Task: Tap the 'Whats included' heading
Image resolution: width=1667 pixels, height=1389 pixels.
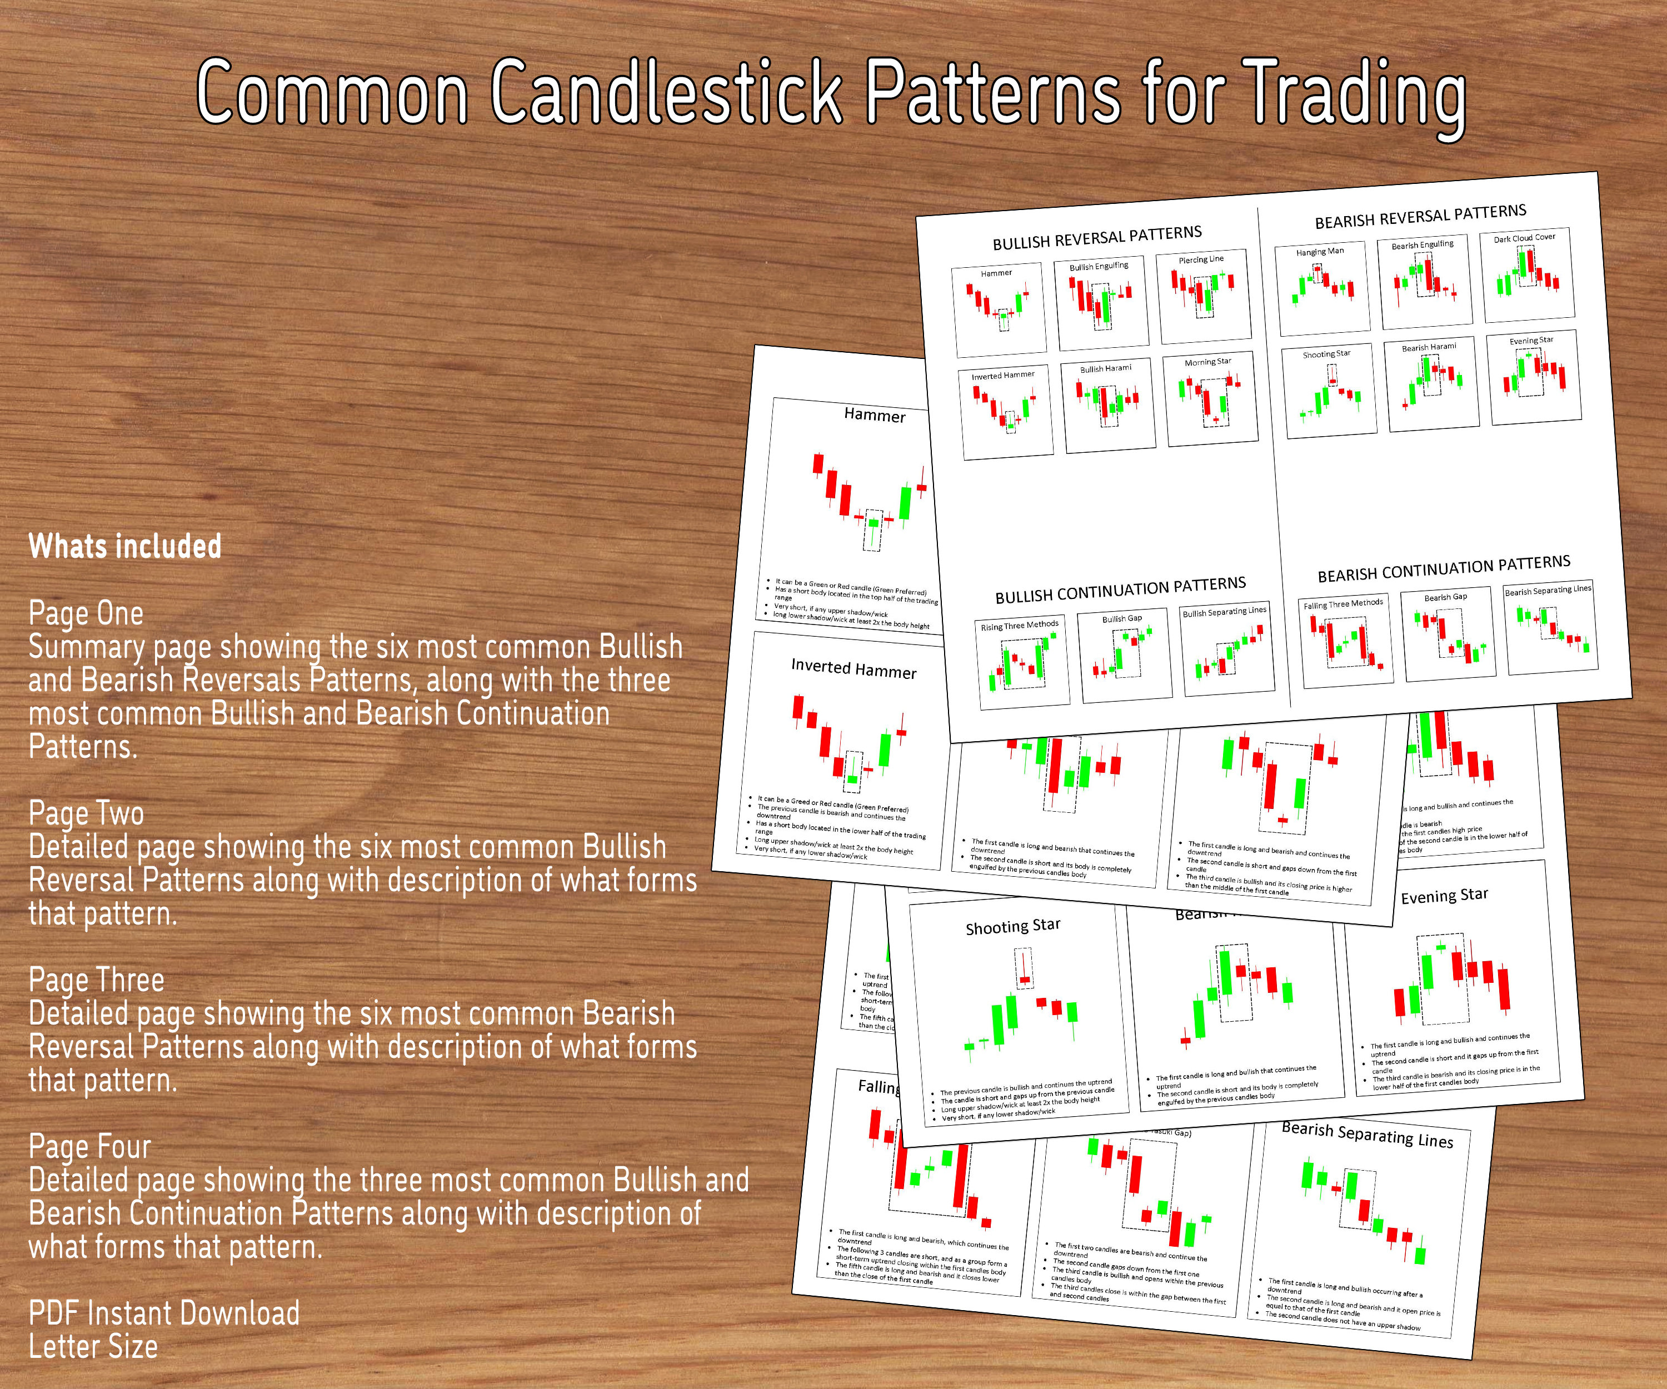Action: (124, 547)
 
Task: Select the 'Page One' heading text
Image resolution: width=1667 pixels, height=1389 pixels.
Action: (86, 613)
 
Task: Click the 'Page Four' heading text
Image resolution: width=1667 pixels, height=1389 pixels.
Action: (89, 1147)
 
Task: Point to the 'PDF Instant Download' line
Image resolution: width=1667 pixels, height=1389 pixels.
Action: (163, 1313)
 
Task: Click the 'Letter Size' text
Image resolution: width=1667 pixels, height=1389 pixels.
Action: (93, 1347)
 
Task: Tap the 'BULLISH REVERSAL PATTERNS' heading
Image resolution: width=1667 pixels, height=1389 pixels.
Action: (1097, 237)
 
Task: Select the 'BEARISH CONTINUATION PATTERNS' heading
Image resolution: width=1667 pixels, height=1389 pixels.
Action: (1444, 569)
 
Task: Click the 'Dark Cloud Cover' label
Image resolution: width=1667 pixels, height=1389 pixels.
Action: (1524, 237)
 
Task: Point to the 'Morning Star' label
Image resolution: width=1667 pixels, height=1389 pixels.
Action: (1207, 362)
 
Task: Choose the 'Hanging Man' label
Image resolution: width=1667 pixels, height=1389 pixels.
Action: (1320, 252)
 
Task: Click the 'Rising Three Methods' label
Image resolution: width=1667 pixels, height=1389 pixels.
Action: (1019, 626)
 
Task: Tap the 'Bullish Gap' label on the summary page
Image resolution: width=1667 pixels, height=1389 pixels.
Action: (1122, 618)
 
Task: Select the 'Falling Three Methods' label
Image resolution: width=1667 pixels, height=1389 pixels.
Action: (1343, 604)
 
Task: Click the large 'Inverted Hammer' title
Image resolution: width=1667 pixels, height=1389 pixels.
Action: (854, 668)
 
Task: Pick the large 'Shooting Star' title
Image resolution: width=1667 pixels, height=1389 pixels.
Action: (1013, 926)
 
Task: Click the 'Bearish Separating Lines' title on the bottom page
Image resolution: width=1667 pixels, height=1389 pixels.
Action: (1367, 1135)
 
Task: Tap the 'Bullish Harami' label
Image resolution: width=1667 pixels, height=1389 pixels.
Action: (1106, 368)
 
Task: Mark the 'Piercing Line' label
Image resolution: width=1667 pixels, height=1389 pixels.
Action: (1201, 259)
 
